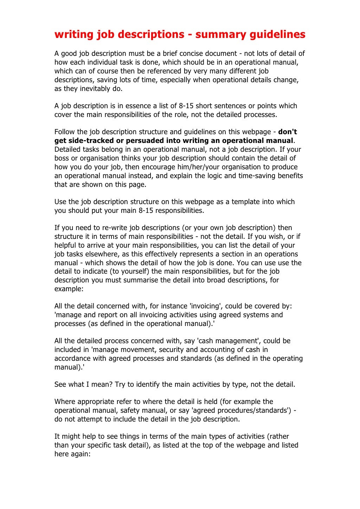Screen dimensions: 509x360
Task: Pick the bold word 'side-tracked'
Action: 91,141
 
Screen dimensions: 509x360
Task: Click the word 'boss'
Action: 62,158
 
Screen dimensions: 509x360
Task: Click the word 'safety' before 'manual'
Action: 131,410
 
